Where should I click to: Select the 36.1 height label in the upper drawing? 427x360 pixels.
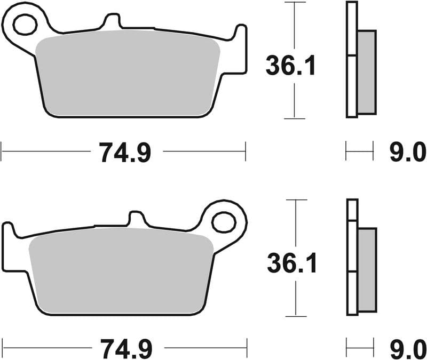tap(291, 67)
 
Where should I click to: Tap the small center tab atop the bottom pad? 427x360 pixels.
tap(137, 219)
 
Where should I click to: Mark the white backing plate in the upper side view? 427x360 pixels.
tap(351, 59)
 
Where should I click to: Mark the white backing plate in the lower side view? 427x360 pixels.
tap(352, 256)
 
